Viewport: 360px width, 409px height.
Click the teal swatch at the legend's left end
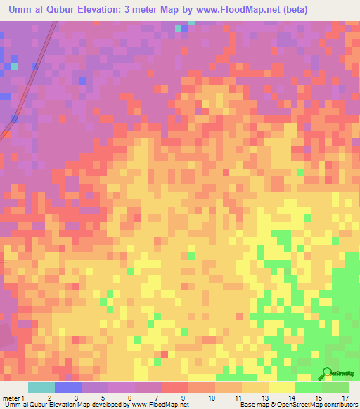point(41,387)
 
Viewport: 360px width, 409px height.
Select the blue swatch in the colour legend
point(68,387)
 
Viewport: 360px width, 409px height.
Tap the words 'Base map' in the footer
point(254,405)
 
